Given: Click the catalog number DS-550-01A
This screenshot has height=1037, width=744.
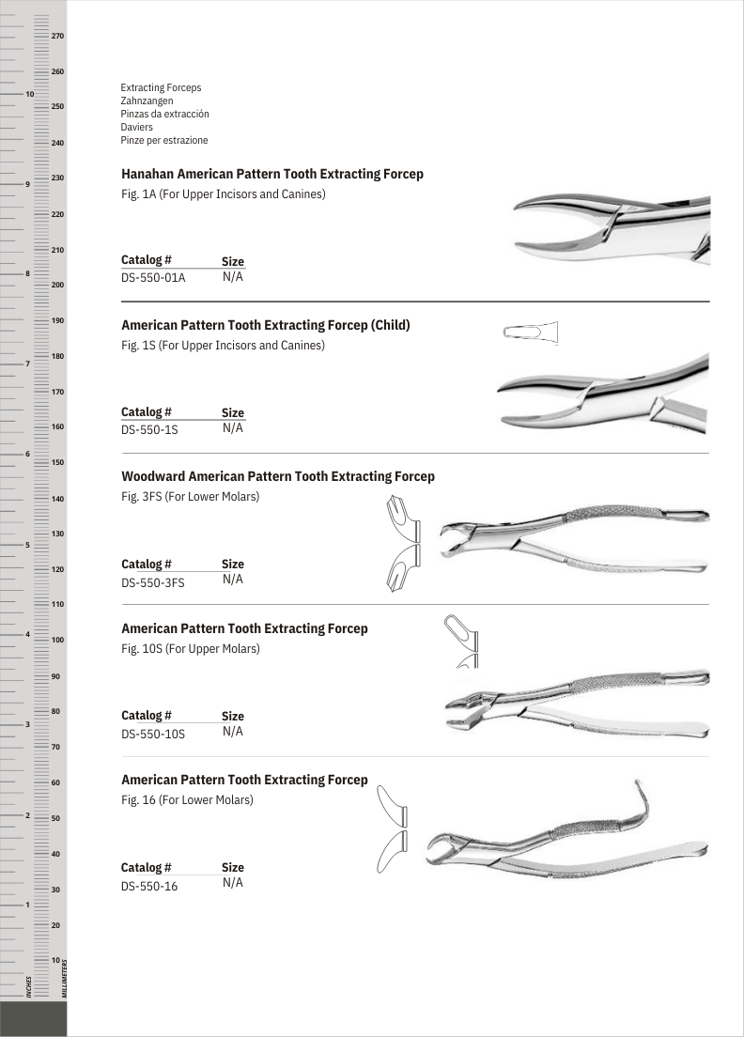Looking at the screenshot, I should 153,278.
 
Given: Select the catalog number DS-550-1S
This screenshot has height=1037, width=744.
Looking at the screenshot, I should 149,429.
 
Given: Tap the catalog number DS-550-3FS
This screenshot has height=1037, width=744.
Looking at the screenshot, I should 153,581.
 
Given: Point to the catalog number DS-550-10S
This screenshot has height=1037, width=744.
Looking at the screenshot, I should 153,734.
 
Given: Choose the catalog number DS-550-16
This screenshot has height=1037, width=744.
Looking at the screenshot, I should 149,886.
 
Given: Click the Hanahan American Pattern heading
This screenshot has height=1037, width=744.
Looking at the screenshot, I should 272,174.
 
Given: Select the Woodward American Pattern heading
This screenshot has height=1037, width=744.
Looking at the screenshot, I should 278,476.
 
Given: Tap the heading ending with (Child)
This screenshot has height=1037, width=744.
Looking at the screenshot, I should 266,325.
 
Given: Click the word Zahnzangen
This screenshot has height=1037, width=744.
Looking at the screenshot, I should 147,101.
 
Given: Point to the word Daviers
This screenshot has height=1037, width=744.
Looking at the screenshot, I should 137,127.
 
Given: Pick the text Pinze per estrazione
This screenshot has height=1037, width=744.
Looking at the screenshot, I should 164,140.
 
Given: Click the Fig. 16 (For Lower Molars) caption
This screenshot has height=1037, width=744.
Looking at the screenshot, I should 187,800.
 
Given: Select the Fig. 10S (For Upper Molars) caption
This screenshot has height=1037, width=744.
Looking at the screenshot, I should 190,648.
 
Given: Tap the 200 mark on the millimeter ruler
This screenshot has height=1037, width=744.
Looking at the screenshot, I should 57,284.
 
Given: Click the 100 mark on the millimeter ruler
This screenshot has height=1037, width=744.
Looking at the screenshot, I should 57,640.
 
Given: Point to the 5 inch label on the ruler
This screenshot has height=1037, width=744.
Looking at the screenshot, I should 29,545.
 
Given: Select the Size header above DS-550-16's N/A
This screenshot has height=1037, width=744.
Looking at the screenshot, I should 233,868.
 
